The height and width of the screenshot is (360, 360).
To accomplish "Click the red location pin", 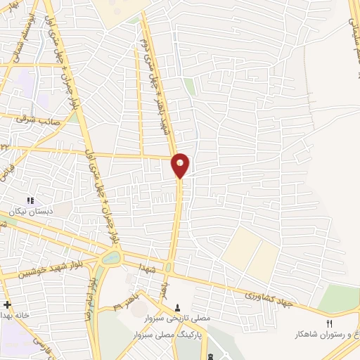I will click(180, 165).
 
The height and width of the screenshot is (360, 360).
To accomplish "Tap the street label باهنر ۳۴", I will click(124, 302).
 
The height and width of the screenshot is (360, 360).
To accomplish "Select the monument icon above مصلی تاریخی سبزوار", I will click(177, 307).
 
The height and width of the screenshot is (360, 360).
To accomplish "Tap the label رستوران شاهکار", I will click(330, 335).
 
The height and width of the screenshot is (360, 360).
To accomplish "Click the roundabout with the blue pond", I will click(110, 258).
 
